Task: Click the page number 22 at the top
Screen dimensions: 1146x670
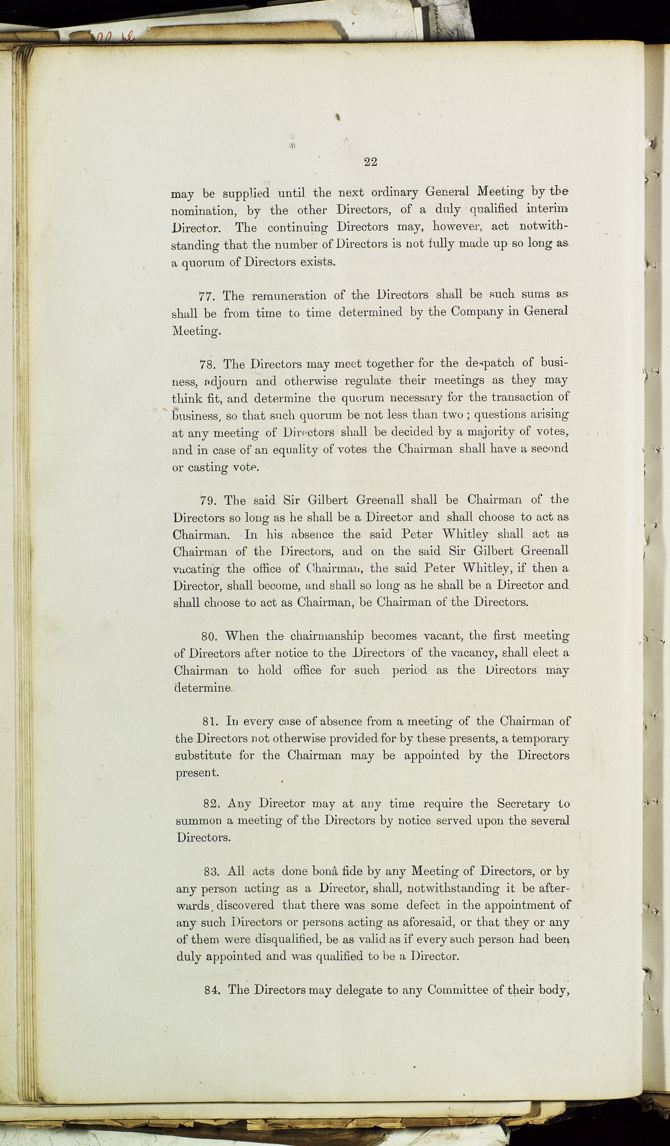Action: [371, 161]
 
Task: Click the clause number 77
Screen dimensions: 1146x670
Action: [208, 296]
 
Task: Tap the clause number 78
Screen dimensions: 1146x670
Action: [209, 365]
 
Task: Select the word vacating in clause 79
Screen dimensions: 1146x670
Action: [196, 569]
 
